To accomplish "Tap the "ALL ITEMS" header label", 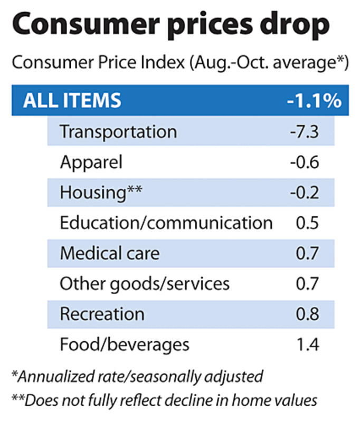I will pyautogui.click(x=72, y=100).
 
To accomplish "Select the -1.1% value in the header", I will pyautogui.click(x=314, y=100).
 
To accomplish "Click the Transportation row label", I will pyautogui.click(x=118, y=131).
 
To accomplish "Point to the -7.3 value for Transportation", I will pyautogui.click(x=305, y=131).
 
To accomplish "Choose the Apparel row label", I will pyautogui.click(x=91, y=161).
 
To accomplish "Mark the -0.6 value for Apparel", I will pyautogui.click(x=305, y=162).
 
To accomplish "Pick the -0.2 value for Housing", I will pyautogui.click(x=305, y=193).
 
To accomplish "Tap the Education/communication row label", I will pyautogui.click(x=166, y=223).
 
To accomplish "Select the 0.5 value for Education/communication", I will pyautogui.click(x=307, y=223).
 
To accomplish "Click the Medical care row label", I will pyautogui.click(x=110, y=253).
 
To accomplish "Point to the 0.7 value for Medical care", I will pyautogui.click(x=307, y=254).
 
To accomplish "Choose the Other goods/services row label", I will pyautogui.click(x=145, y=284).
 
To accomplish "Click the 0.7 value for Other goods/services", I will pyautogui.click(x=307, y=284).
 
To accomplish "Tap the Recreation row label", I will pyautogui.click(x=102, y=314).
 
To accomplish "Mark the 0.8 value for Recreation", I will pyautogui.click(x=307, y=314).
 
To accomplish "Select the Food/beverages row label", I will pyautogui.click(x=125, y=344).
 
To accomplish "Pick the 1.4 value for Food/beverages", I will pyautogui.click(x=307, y=345).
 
